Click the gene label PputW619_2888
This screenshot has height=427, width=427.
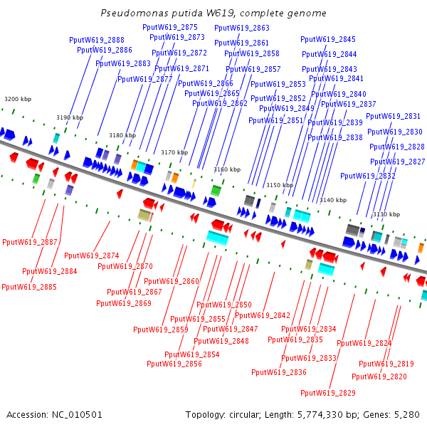click(x=97, y=40)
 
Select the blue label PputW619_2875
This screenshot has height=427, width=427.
click(x=170, y=27)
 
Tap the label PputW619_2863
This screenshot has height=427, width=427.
click(x=242, y=28)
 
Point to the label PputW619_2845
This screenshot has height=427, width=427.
click(x=328, y=39)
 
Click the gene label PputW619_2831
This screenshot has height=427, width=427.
click(x=394, y=116)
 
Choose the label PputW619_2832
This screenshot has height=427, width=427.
click(x=368, y=176)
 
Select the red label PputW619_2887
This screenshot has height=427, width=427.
click(x=30, y=242)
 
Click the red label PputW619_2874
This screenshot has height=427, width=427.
click(x=92, y=255)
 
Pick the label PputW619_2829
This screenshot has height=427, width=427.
click(x=328, y=393)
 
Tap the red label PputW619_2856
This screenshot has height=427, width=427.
click(x=174, y=364)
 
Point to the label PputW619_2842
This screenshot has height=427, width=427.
click(x=263, y=315)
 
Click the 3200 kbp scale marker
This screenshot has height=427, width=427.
click(x=18, y=99)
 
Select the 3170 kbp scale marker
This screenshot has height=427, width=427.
click(x=174, y=152)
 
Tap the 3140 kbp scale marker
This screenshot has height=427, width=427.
click(x=333, y=200)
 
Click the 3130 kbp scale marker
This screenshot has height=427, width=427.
click(x=386, y=214)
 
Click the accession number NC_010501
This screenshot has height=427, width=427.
click(x=77, y=415)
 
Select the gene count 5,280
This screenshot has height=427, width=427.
click(x=407, y=415)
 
